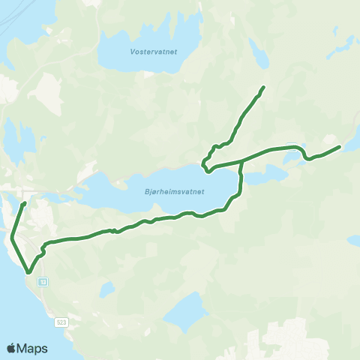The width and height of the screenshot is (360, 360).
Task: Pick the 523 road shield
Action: pyautogui.click(x=61, y=322)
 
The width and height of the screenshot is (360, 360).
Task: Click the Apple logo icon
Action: pyautogui.click(x=13, y=348)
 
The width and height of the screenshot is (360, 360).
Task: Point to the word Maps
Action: pyautogui.click(x=34, y=348)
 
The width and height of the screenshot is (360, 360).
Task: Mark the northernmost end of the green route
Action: pyautogui.click(x=264, y=88)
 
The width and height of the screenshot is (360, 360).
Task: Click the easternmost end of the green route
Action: pyautogui.click(x=340, y=147)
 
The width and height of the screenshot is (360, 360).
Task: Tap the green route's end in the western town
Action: pyautogui.click(x=25, y=203)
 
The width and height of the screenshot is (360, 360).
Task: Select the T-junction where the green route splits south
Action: pyautogui.click(x=241, y=160)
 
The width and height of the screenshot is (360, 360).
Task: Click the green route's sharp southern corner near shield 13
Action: pyautogui.click(x=28, y=273)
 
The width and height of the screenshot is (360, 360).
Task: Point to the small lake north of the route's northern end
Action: pyautogui.click(x=258, y=54)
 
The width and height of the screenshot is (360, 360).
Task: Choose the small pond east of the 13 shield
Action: pyautogui.click(x=106, y=289)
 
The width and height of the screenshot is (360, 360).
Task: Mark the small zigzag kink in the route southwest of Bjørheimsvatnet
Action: pyautogui.click(x=112, y=231)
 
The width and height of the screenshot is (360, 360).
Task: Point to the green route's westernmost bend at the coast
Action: pyautogui.click(x=12, y=238)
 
